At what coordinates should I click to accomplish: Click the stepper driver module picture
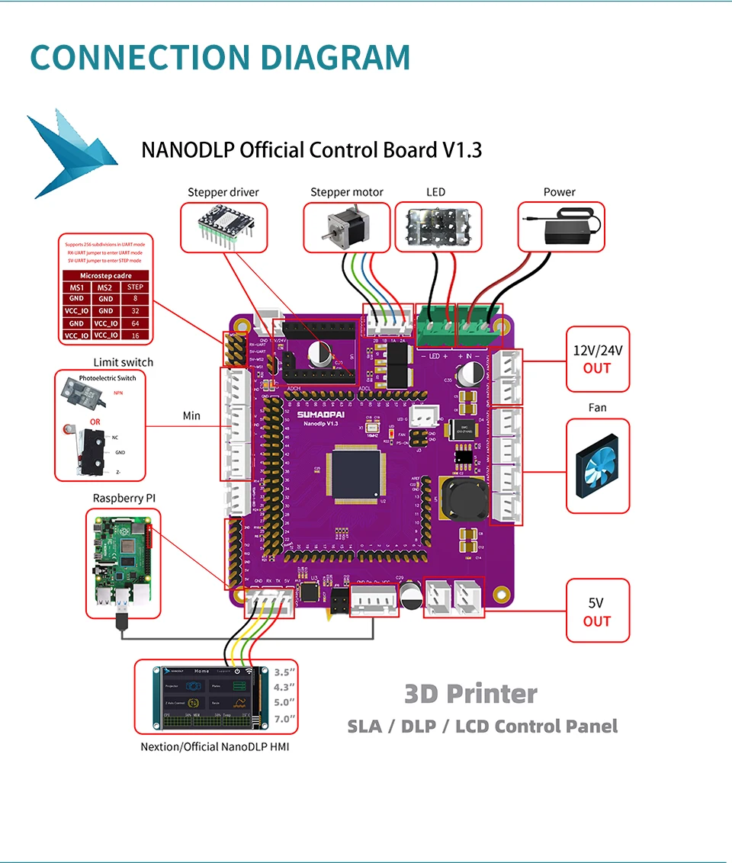[x=224, y=226]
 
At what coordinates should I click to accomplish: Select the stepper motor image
[x=345, y=226]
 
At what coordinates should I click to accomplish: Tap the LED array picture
[x=437, y=226]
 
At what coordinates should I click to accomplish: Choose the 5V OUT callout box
[x=597, y=611]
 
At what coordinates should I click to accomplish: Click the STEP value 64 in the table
[x=135, y=323]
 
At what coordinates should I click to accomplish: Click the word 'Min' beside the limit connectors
[x=191, y=415]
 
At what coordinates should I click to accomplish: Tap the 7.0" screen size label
[x=284, y=719]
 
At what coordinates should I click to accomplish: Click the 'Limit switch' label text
[x=123, y=362]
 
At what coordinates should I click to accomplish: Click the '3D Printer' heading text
[x=470, y=694]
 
